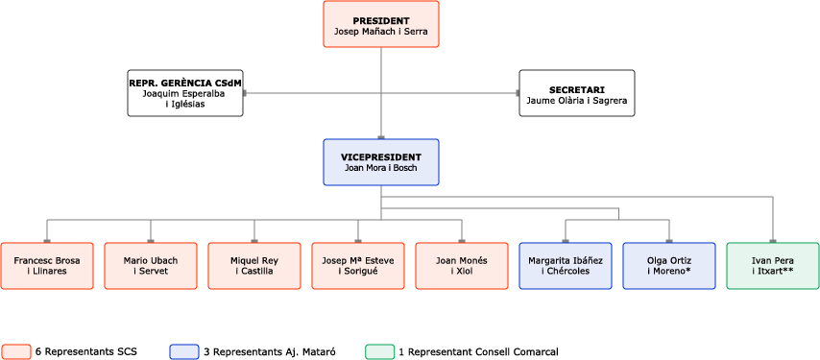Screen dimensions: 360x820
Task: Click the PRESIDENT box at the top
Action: point(381,25)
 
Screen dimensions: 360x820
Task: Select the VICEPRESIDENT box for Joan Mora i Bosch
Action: point(381,161)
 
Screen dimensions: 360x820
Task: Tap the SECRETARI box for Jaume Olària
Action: point(576,93)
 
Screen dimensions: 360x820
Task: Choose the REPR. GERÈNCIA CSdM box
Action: point(185,93)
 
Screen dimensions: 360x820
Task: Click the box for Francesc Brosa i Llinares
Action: point(47,265)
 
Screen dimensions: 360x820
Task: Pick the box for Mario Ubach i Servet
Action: point(151,265)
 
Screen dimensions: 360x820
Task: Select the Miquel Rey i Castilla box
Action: point(254,265)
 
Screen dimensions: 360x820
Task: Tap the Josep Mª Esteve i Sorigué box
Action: point(358,265)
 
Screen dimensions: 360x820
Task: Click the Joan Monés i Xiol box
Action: point(462,265)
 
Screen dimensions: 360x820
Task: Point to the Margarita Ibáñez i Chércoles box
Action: point(566,265)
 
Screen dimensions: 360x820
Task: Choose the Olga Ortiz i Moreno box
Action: point(669,265)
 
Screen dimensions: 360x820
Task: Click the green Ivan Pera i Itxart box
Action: point(773,265)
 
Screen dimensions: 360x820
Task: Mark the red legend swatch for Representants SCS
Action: point(16,351)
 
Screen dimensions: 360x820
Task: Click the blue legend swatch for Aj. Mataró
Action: point(184,351)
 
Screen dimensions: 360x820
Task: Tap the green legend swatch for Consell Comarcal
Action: point(380,351)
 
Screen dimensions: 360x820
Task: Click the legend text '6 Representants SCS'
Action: point(86,351)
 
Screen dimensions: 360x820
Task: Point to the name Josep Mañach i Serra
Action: point(381,32)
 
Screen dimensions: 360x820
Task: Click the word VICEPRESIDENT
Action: point(381,155)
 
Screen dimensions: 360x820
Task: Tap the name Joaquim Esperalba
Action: point(185,94)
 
